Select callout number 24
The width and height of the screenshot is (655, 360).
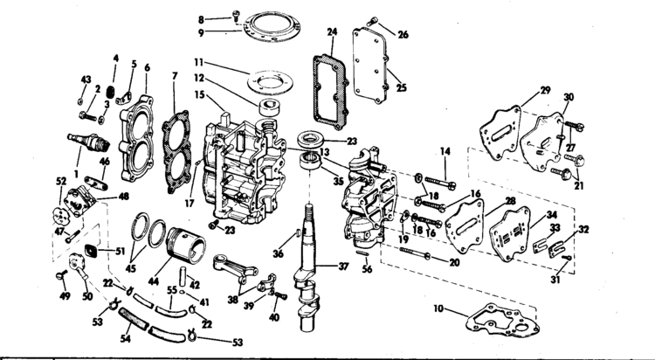tap(331, 32)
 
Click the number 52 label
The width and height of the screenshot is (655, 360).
tap(61, 182)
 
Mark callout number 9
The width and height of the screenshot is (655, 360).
tap(201, 32)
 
